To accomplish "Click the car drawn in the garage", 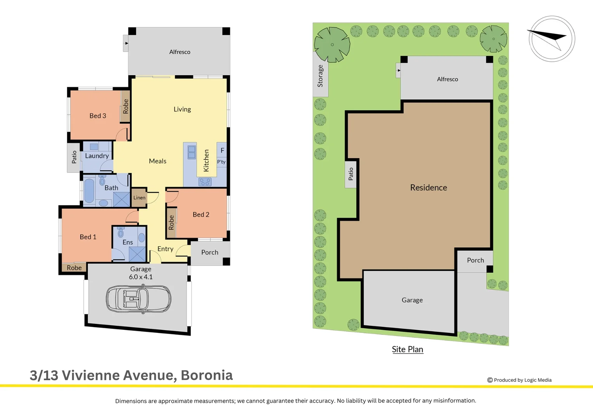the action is point(139,299).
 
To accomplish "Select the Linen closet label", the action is point(139,198).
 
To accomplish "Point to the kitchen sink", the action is point(192,152).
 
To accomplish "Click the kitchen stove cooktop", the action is point(205,182).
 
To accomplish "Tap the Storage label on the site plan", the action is point(320,76).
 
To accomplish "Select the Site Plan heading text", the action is point(407,350).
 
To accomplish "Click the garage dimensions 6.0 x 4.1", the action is point(141,277).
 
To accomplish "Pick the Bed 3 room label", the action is point(98,116).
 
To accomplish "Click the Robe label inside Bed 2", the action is point(171,222).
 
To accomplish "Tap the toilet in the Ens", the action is point(121,232).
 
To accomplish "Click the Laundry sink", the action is point(94,147).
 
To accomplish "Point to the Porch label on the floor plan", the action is point(210,253).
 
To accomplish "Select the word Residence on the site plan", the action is point(428,188).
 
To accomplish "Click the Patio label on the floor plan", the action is point(74,157).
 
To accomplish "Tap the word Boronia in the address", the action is point(207,375).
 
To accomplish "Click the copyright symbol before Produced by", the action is point(490,380).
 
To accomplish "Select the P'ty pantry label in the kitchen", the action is point(221,162).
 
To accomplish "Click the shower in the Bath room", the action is point(121,199).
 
